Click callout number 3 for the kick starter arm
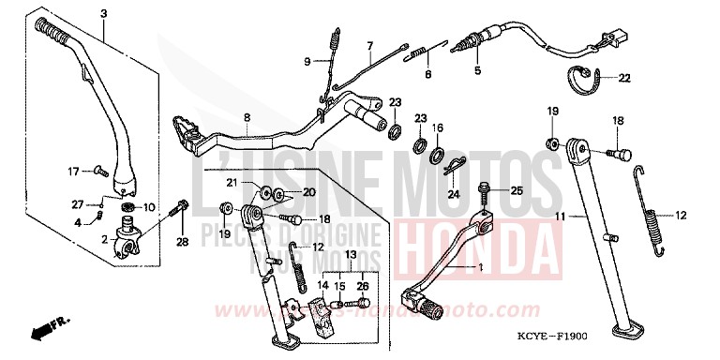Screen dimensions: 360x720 pos(103,12)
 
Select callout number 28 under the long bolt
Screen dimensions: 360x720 pos(182,242)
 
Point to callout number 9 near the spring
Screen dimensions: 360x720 pos(306,62)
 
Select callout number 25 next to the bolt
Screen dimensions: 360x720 pos(515,190)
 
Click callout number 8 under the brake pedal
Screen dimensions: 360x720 pos(247,117)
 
